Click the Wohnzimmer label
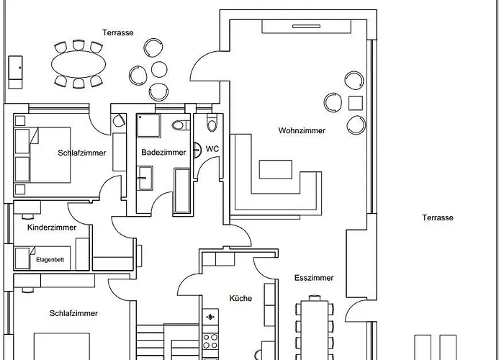[x=302, y=131]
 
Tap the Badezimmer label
[x=163, y=153]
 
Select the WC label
[x=212, y=149]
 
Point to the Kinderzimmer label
[x=51, y=228]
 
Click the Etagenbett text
[x=49, y=258]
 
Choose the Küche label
[x=240, y=298]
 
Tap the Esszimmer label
[x=314, y=278]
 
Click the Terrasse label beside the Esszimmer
[x=438, y=217]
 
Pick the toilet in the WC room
[x=212, y=125]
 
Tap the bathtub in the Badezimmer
[x=183, y=190]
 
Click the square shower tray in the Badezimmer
[x=150, y=126]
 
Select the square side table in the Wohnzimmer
[x=356, y=102]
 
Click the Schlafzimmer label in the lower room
[x=73, y=313]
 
